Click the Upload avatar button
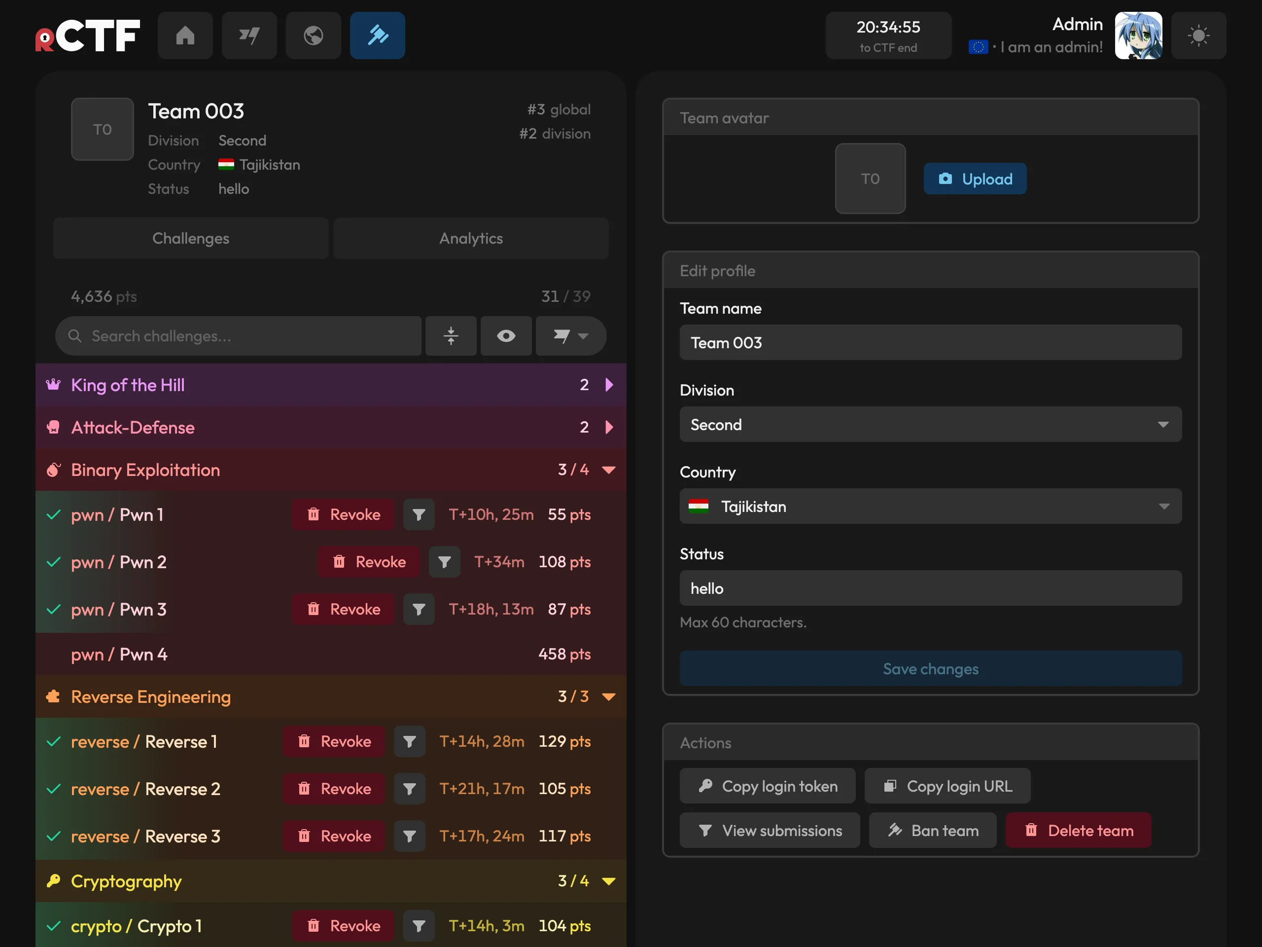point(975,179)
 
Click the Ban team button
point(932,830)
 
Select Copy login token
point(768,786)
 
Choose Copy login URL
point(947,786)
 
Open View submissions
point(770,830)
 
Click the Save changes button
point(931,668)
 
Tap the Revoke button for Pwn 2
point(369,562)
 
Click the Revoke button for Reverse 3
point(334,836)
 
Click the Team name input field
point(931,342)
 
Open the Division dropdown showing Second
point(931,424)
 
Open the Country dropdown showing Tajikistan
point(931,507)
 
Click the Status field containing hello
point(931,588)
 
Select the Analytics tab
point(471,238)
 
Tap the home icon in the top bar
point(185,36)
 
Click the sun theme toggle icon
point(1198,36)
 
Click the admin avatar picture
point(1138,36)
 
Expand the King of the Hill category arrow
point(609,385)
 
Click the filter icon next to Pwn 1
point(419,514)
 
